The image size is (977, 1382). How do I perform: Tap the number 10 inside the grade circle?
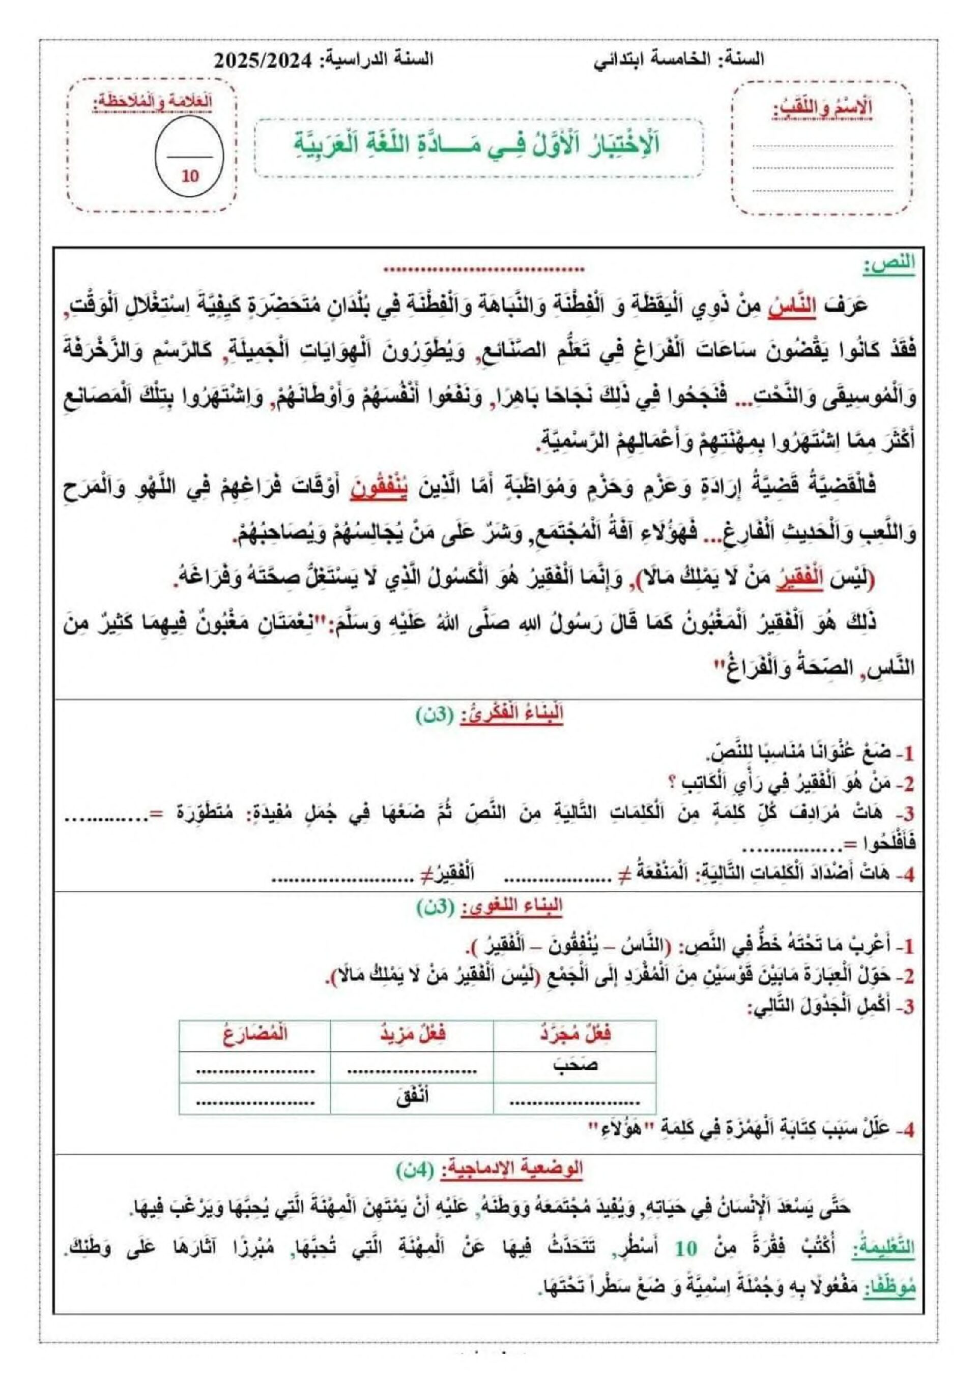190,176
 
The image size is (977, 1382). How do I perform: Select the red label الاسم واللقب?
823,109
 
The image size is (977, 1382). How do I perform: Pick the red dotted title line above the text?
484,269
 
